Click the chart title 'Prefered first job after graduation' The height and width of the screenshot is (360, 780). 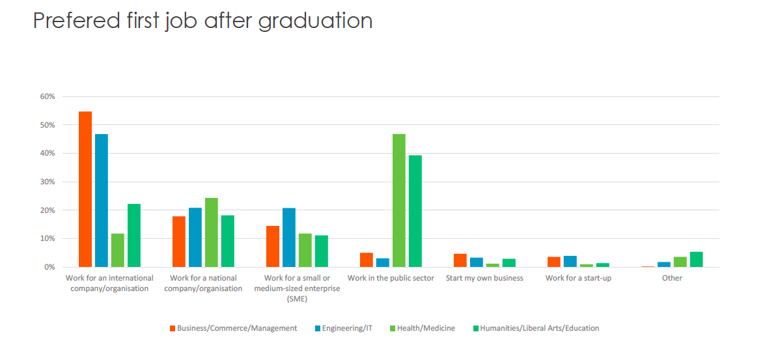202,21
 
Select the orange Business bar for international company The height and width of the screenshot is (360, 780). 85,189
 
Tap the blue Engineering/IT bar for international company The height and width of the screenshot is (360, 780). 102,201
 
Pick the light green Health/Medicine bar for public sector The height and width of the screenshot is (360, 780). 398,201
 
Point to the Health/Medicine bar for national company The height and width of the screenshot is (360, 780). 211,232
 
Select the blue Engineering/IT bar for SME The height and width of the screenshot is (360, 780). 288,238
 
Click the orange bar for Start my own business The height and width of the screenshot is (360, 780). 460,260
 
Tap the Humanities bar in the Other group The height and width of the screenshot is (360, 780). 696,260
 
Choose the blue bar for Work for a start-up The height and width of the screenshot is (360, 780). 570,262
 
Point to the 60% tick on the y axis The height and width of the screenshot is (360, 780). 47,96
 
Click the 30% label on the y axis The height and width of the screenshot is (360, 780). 47,182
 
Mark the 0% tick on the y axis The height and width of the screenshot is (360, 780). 49,268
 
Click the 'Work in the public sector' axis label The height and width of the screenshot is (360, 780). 391,279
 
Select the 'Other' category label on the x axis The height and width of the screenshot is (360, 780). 672,279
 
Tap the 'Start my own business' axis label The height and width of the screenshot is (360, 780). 484,279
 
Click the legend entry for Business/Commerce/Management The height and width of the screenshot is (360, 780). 233,328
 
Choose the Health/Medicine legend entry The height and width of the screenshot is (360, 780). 423,328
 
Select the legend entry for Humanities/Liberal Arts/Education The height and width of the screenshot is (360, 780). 535,328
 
